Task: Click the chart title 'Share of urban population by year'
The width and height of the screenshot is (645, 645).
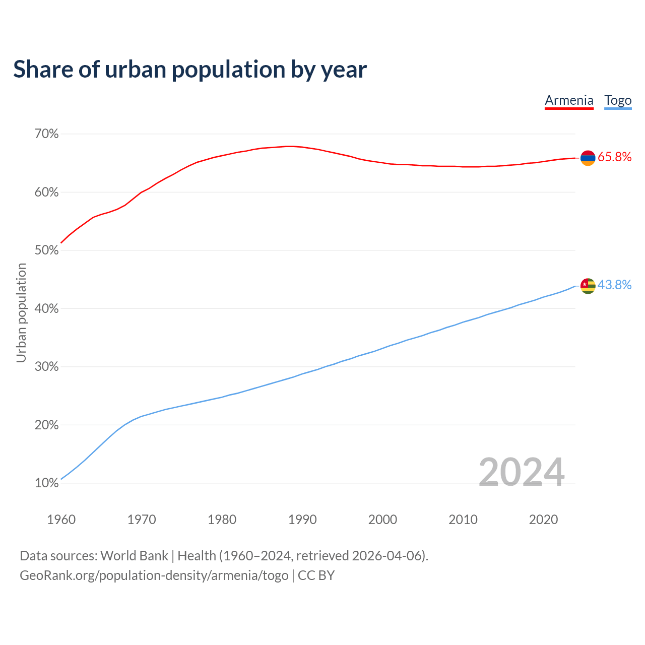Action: pos(190,70)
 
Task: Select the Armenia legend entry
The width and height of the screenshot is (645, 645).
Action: pos(569,100)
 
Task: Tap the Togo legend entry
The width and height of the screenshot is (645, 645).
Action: pos(618,100)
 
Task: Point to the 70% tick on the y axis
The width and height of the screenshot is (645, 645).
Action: pos(46,134)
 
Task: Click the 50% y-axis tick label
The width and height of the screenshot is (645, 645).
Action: pos(46,250)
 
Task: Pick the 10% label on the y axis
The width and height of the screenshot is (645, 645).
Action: pos(46,483)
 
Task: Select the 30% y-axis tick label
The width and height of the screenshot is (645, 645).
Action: pos(46,367)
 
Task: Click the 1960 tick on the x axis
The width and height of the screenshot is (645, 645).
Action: pos(61,520)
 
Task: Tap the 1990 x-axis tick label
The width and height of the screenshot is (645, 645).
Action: pos(302,520)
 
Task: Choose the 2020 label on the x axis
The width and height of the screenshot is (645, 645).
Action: pos(543,520)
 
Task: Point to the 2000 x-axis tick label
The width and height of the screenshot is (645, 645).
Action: pos(382,520)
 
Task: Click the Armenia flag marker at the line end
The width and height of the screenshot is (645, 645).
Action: pos(588,158)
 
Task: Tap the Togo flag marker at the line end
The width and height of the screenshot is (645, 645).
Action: pos(588,286)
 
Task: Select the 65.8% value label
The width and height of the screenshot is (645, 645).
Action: pos(614,157)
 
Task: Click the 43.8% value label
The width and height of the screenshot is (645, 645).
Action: pos(614,285)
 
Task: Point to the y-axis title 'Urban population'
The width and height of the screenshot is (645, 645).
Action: pos(21,312)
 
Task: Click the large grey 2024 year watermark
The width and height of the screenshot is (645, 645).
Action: pos(521,472)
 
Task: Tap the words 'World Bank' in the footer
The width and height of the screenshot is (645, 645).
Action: pos(134,556)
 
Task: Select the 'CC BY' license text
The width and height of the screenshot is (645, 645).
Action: pos(316,575)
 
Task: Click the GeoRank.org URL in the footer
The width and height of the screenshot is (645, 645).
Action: pos(154,575)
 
